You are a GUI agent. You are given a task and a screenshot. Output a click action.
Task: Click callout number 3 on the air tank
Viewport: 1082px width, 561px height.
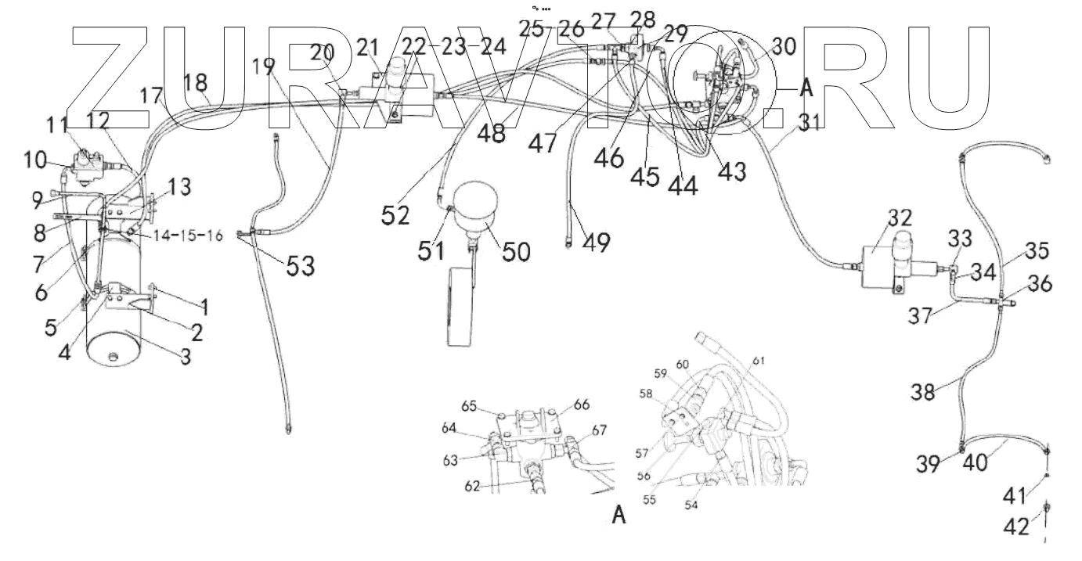[x=186, y=357]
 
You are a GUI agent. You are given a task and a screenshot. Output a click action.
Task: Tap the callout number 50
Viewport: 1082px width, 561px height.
[x=516, y=252]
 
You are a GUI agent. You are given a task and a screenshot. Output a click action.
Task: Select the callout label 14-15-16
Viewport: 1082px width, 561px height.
[x=188, y=236]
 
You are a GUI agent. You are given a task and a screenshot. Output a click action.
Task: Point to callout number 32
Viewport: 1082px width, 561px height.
[x=900, y=218]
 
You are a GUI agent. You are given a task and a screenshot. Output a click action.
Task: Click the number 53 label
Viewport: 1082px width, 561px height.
[x=301, y=266]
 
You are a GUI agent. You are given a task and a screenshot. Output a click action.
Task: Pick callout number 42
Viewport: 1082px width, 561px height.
[x=1015, y=527]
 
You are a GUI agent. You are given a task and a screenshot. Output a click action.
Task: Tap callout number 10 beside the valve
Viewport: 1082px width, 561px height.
[x=35, y=160]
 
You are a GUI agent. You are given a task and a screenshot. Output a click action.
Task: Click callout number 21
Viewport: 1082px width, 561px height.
[x=369, y=48]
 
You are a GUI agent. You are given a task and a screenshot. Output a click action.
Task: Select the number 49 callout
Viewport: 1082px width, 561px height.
[x=597, y=242]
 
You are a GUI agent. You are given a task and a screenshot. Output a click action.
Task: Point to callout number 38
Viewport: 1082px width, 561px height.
[x=923, y=391]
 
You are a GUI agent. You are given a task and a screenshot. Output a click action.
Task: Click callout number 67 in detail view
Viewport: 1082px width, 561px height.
[x=599, y=430]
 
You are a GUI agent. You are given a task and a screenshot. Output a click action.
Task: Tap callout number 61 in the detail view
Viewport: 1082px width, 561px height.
[x=759, y=361]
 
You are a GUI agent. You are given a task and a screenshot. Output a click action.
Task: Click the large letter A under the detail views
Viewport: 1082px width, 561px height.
[x=619, y=515]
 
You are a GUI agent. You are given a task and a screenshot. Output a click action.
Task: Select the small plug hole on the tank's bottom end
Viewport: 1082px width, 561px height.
[x=114, y=357]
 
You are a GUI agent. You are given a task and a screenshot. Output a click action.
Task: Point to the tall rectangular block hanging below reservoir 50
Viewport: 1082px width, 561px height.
[x=460, y=307]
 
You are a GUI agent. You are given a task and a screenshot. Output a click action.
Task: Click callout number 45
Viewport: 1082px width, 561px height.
[x=645, y=177]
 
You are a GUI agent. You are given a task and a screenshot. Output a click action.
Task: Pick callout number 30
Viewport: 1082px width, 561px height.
[x=784, y=47]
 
